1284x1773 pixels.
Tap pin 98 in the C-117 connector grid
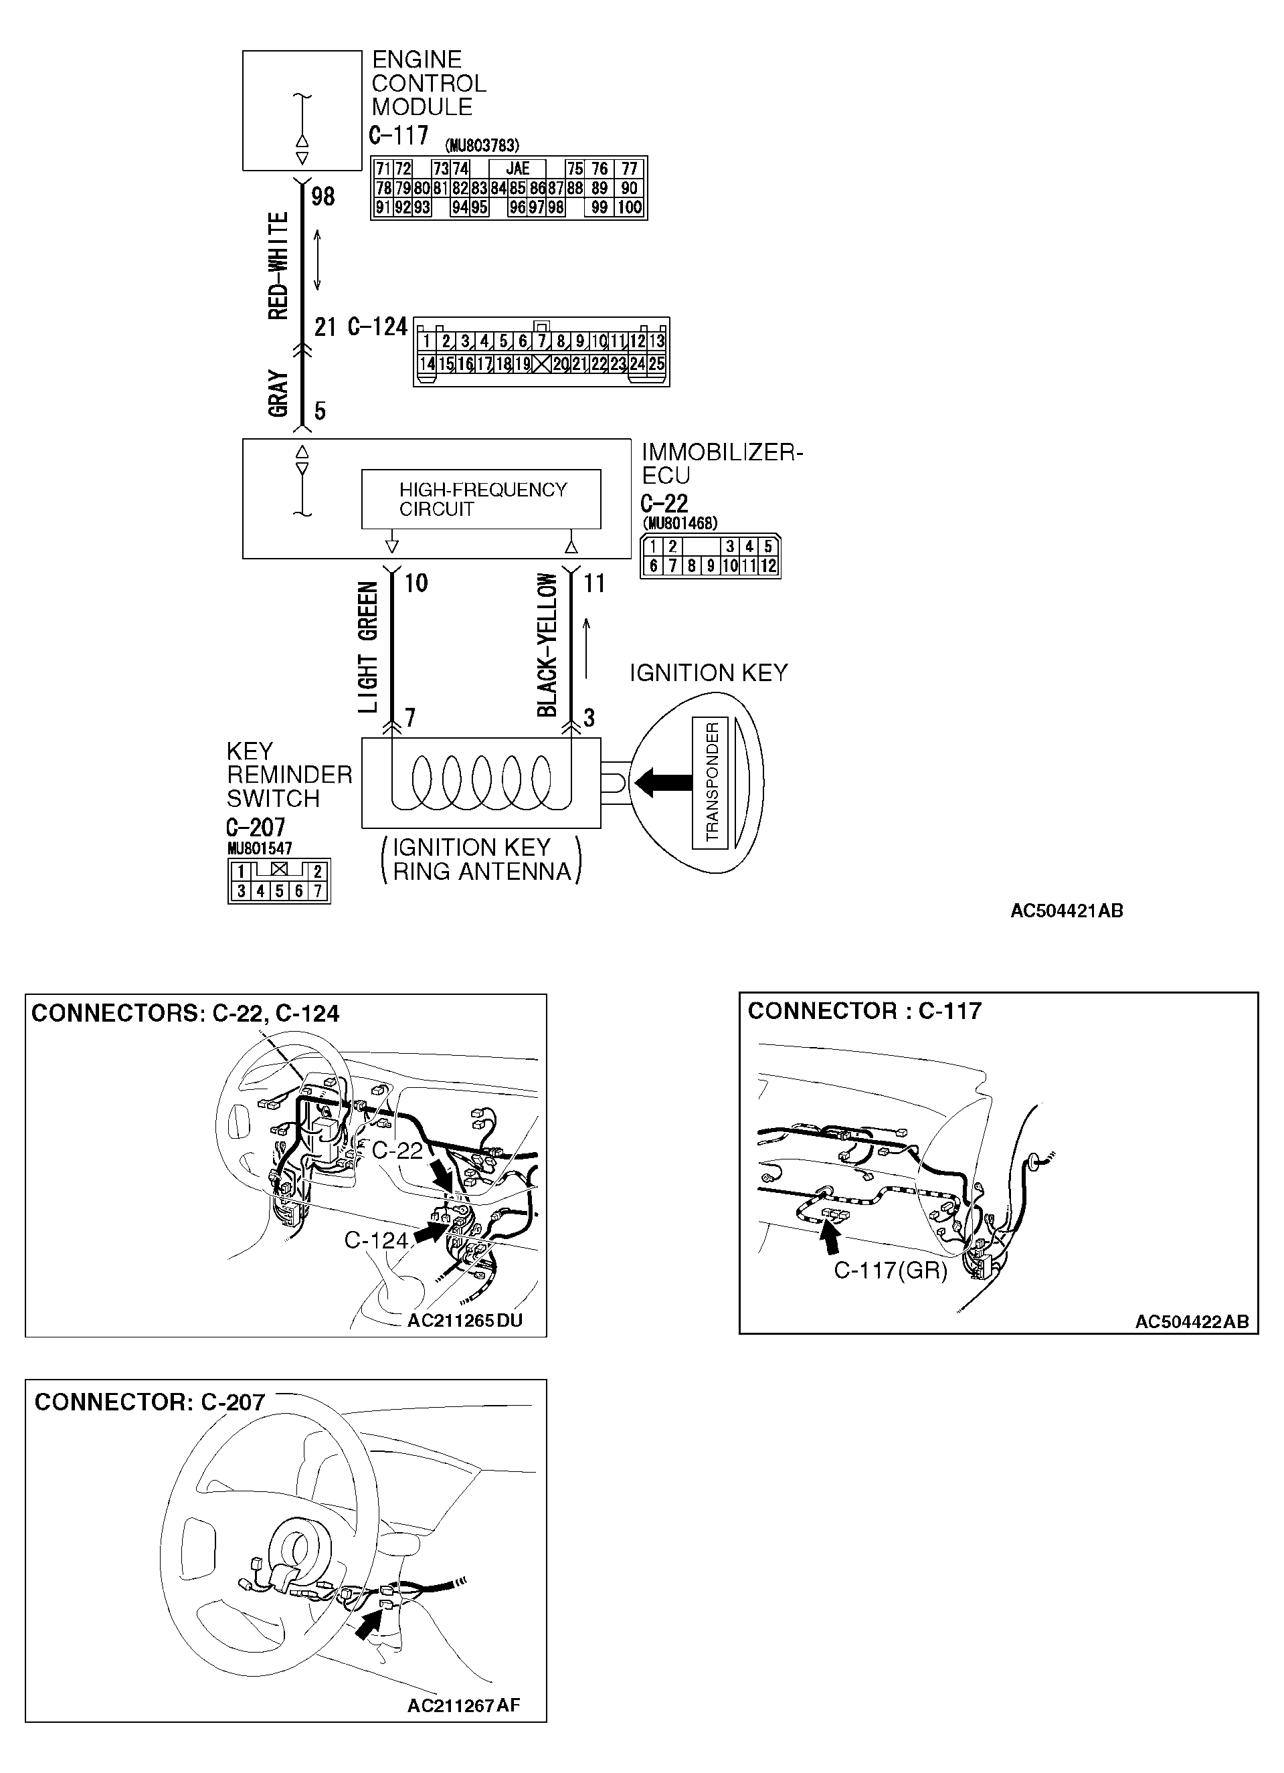[556, 208]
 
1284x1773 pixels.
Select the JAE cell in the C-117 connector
[518, 169]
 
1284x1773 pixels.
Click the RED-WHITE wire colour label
[278, 266]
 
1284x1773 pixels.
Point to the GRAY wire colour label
[278, 393]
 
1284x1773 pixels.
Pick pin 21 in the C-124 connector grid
[579, 363]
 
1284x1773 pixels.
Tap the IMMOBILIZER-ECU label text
[721, 464]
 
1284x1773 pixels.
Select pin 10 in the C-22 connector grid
[729, 566]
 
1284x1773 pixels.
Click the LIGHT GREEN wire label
[367, 647]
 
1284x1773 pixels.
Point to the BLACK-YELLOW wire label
[547, 646]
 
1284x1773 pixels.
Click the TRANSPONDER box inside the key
[710, 781]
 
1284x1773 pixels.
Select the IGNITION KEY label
[709, 673]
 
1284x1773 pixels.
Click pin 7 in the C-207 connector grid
[317, 891]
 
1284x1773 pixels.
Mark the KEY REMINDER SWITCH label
[288, 775]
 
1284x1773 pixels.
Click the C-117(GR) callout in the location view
[890, 1271]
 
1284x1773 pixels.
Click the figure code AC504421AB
[1067, 911]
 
